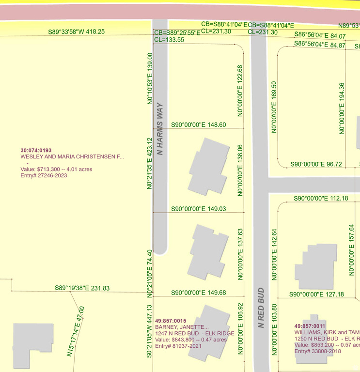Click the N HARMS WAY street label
[x=160, y=129]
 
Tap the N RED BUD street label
[x=261, y=308]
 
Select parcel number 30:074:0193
[x=36, y=151]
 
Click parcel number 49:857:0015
[x=171, y=321]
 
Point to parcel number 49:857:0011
[x=310, y=326]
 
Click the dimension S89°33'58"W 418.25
[x=77, y=31]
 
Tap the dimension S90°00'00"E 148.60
[x=199, y=125]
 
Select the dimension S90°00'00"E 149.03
[x=199, y=209]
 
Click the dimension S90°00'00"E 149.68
[x=199, y=293]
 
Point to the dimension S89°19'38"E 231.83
[x=82, y=288]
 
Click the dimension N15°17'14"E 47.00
[x=76, y=332]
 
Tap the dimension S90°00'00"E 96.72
[x=316, y=165]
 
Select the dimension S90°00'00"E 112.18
[x=321, y=199]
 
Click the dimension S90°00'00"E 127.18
[x=316, y=294]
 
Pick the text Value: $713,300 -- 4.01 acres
[x=56, y=170]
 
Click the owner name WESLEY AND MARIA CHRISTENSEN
[x=72, y=157]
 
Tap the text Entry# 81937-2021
[x=178, y=346]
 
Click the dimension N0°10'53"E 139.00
[x=150, y=78]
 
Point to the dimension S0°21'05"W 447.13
[x=150, y=331]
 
